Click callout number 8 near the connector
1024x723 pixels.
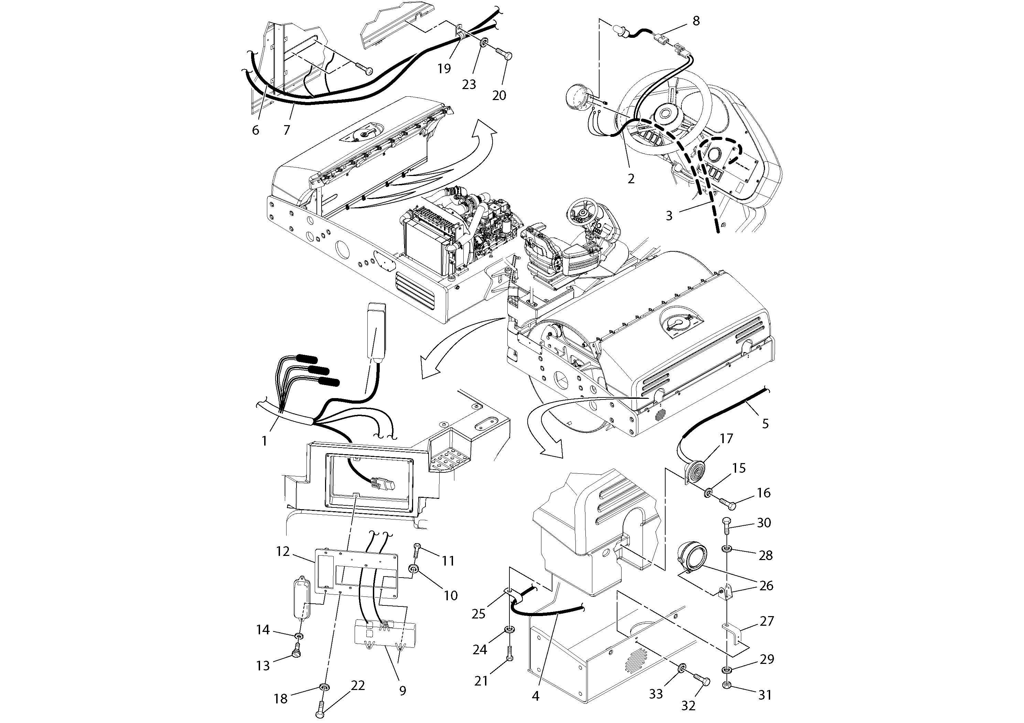[696, 21]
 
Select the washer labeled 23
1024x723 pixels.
[484, 44]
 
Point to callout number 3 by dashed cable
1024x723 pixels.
[669, 216]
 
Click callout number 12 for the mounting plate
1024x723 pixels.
[283, 551]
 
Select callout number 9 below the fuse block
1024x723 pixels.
[402, 691]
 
